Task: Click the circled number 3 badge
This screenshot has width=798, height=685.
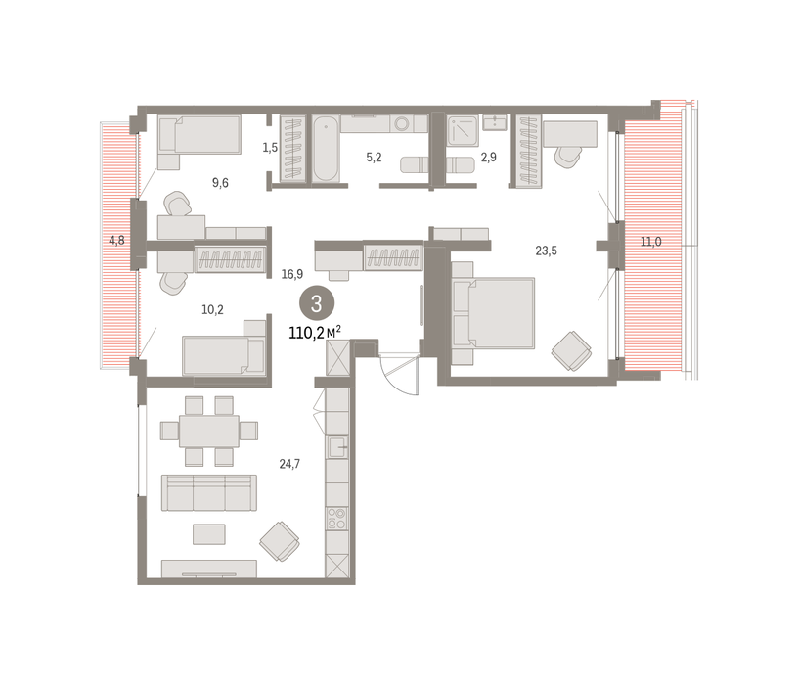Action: tap(317, 303)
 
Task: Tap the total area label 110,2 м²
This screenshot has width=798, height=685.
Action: tap(315, 333)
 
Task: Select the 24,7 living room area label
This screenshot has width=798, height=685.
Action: tap(289, 464)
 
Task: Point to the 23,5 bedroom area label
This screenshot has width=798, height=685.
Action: tap(546, 251)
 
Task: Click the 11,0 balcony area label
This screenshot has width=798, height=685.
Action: tap(651, 242)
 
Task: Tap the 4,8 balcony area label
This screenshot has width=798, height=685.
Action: tap(116, 240)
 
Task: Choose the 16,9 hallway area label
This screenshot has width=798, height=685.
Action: tap(292, 274)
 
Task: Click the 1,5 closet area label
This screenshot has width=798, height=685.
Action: tap(270, 148)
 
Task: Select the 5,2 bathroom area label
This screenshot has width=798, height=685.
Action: tap(374, 158)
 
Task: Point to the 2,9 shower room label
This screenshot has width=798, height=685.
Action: tap(488, 158)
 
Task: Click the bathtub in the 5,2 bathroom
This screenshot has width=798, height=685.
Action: tap(326, 148)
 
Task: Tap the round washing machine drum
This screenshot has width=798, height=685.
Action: tap(402, 123)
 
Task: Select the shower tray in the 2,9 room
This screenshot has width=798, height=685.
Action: tap(463, 131)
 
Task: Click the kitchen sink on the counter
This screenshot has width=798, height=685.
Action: tap(337, 447)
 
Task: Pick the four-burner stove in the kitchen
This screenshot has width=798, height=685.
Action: tap(337, 519)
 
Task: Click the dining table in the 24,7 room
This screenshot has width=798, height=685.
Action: tap(209, 431)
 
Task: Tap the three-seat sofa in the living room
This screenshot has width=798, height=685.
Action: tap(209, 492)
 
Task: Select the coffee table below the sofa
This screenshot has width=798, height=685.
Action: tap(209, 534)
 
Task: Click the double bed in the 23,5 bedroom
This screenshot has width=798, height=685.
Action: tap(493, 313)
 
